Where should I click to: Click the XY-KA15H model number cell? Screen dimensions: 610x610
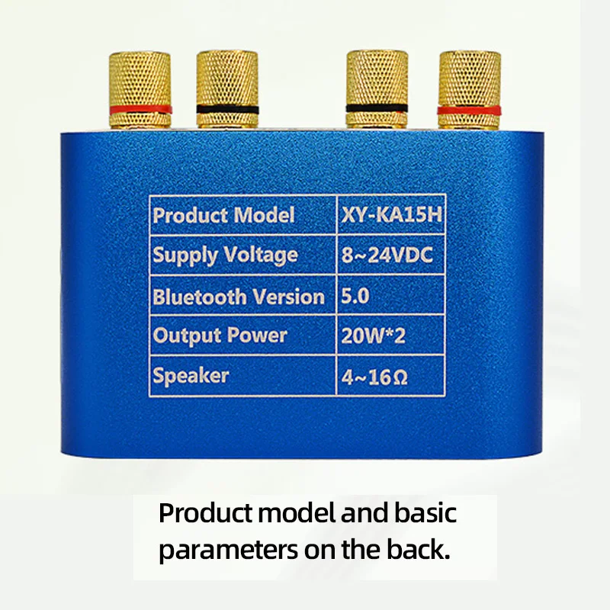(x=390, y=216)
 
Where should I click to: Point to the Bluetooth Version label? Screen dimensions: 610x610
(x=238, y=296)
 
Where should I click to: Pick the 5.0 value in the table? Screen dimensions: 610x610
(x=355, y=295)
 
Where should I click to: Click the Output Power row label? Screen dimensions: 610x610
(x=220, y=335)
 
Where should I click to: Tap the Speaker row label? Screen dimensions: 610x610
(x=191, y=376)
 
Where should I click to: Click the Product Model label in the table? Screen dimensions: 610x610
(x=223, y=216)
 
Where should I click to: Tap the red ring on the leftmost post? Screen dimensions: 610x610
(x=140, y=109)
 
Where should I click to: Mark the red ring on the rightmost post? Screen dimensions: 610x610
(x=469, y=109)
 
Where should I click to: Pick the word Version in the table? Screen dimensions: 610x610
(x=288, y=296)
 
